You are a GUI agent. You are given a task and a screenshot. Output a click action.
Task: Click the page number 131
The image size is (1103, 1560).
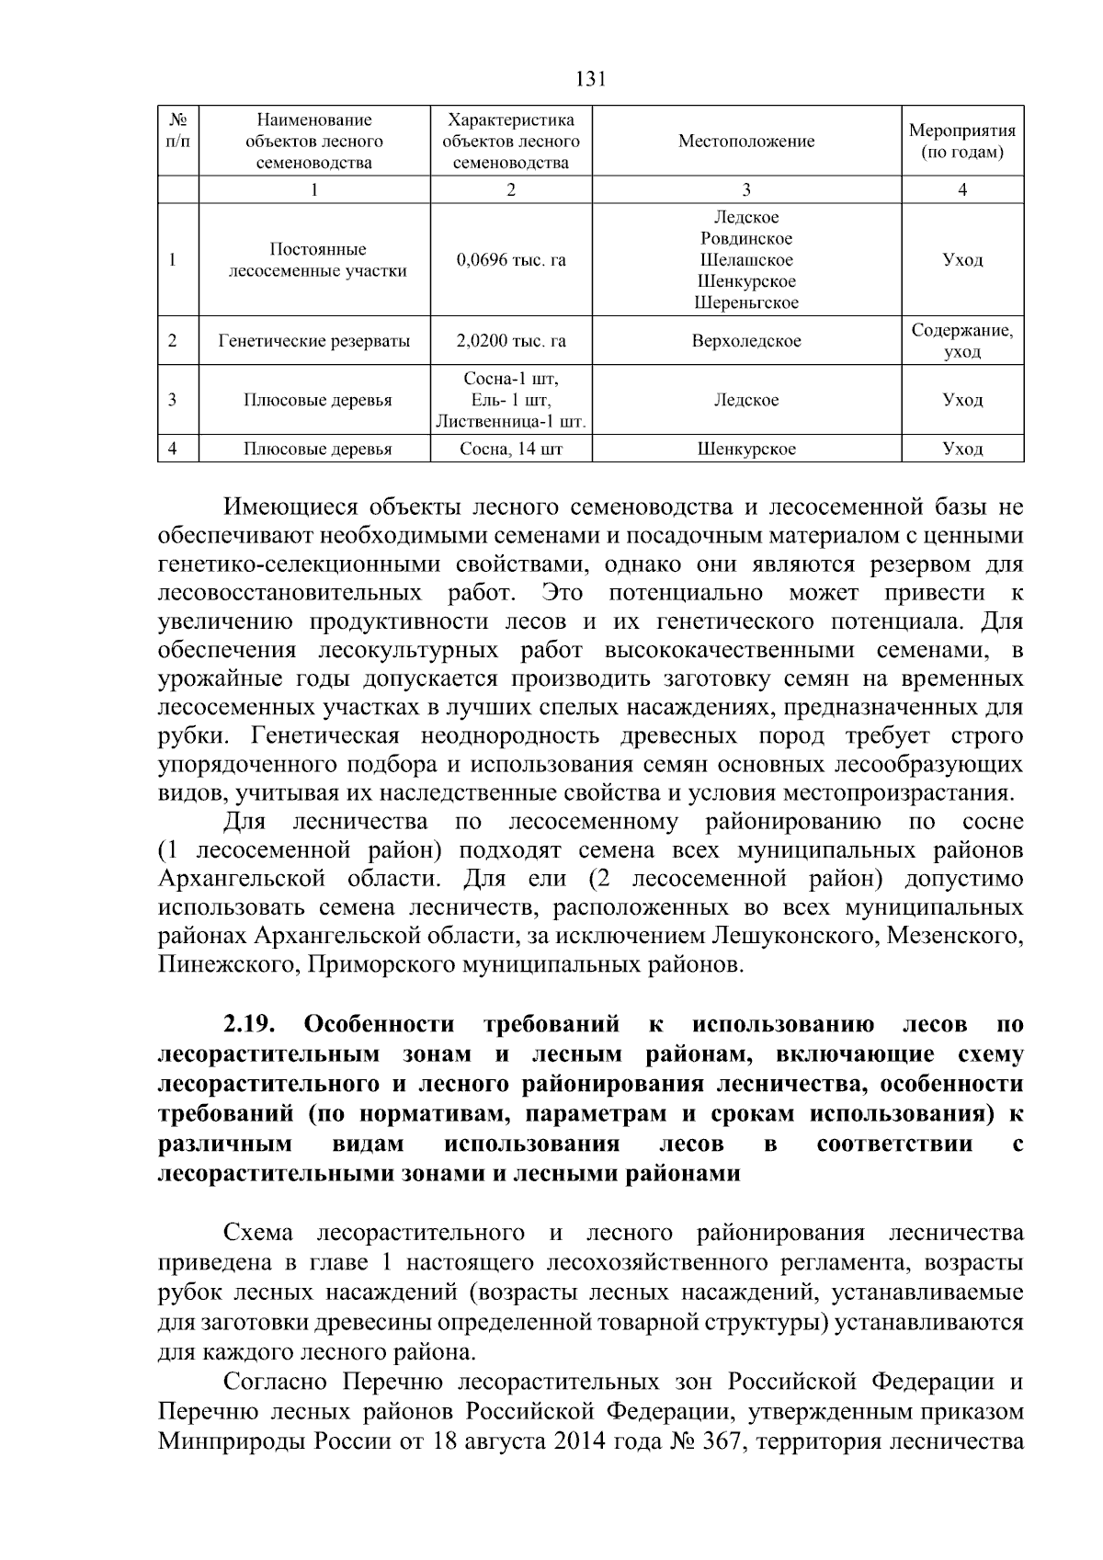tap(589, 79)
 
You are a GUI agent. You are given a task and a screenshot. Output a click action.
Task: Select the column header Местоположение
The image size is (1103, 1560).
tap(745, 142)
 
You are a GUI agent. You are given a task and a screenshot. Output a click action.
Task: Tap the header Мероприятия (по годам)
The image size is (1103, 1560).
tap(961, 142)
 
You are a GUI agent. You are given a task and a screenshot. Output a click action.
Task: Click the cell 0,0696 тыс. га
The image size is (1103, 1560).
tap(511, 260)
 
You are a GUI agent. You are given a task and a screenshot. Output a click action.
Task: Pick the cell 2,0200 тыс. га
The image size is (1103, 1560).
tap(511, 342)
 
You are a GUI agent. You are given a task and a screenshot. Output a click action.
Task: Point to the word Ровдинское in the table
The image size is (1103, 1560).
tap(745, 239)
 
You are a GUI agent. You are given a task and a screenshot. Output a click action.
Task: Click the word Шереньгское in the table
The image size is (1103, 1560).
tap(745, 302)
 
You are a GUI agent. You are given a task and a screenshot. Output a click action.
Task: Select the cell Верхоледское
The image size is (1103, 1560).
tap(745, 342)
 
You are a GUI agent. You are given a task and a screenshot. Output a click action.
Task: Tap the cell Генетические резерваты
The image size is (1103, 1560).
tap(314, 342)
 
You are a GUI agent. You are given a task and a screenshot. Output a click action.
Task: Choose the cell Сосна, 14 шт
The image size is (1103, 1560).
tap(511, 450)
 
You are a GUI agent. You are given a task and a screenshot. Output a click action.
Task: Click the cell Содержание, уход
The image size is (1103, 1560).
tap(961, 341)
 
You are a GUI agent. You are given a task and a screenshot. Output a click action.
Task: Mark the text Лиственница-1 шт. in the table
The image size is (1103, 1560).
tap(511, 422)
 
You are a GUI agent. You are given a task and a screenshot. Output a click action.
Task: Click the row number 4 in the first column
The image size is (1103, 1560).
tap(173, 449)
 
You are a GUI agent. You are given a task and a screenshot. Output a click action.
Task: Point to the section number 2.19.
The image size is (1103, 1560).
tap(248, 1025)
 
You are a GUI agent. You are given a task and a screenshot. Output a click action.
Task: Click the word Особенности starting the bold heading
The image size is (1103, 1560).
tap(379, 1025)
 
